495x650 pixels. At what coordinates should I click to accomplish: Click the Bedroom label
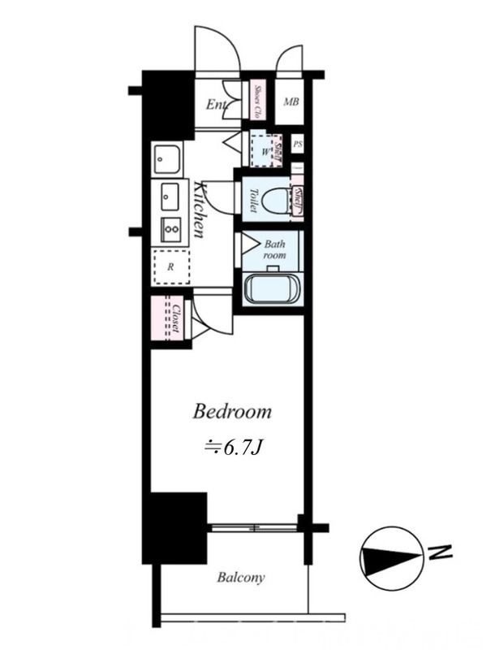231,412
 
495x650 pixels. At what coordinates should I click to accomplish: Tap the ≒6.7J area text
231,446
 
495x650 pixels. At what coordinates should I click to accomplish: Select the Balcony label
241,578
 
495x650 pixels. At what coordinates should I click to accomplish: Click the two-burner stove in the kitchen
170,229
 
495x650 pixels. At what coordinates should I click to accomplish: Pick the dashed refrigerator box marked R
171,266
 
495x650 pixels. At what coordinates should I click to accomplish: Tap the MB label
291,102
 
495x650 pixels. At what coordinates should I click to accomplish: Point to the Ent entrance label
216,105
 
